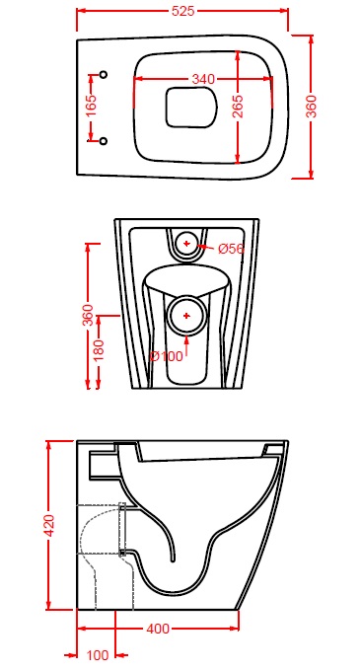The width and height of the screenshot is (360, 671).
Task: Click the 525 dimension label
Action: coord(182,11)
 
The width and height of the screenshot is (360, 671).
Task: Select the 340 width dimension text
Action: coord(202,80)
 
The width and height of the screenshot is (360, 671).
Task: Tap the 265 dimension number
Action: coord(238,107)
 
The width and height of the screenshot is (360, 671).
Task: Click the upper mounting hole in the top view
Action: coord(103,75)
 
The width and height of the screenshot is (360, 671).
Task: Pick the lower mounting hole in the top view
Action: coord(103,141)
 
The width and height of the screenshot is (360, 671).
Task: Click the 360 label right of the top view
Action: coord(312,107)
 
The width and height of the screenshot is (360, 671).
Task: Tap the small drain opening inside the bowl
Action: coord(190,108)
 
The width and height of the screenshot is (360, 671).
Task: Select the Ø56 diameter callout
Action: coord(231,249)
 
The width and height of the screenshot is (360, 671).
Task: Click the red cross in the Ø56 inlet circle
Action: coord(186,244)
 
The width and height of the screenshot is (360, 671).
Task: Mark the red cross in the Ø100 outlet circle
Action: coord(186,316)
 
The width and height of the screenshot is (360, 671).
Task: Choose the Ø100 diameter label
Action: coord(167,355)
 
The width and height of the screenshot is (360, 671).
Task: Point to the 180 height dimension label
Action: coord(100,350)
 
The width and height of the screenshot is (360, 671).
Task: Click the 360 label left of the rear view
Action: coord(88,316)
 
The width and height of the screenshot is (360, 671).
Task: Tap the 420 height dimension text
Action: coord(49,525)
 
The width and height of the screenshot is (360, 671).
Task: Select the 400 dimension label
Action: coord(158,630)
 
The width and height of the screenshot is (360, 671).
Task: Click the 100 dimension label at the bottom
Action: coord(98,655)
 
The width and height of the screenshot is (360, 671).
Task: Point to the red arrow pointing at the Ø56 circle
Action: coord(206,247)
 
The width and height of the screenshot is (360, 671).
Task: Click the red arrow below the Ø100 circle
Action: coord(186,343)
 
